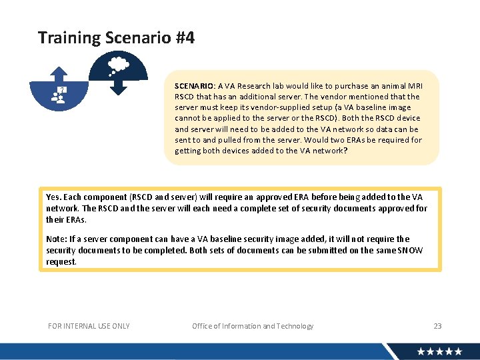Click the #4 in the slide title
click(x=185, y=38)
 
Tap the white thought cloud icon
click(x=119, y=65)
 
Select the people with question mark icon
click(x=59, y=95)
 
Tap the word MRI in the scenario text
click(x=414, y=86)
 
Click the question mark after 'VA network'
click(x=345, y=151)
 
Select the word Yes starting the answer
click(x=53, y=197)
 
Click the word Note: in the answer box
click(x=56, y=239)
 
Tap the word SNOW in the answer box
click(x=410, y=251)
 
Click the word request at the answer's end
click(x=61, y=262)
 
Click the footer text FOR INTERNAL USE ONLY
click(x=89, y=326)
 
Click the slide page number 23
click(x=437, y=326)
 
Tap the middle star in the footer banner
click(x=439, y=351)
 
